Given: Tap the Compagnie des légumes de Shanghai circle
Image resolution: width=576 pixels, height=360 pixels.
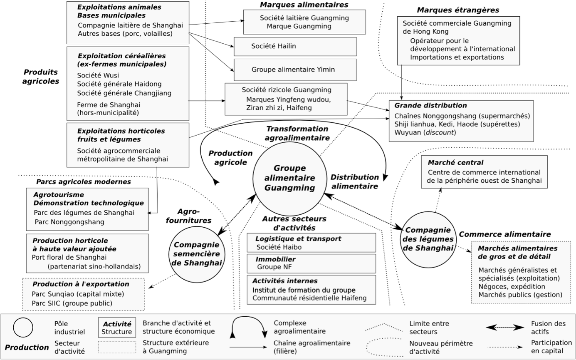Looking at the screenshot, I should [428, 239].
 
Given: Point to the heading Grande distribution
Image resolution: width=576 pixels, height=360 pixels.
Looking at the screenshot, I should [430, 105].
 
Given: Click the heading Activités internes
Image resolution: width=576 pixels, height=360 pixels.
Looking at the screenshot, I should [285, 281].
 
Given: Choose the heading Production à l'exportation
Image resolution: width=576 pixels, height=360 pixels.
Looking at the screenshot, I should [81, 284].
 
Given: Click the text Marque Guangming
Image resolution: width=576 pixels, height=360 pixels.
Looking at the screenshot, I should [299, 26].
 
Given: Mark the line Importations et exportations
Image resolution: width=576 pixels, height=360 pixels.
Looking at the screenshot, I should [457, 57].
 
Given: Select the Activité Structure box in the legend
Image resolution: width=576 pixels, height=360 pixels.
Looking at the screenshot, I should [117, 328].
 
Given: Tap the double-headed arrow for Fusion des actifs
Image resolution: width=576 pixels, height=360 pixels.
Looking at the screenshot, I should [505, 328].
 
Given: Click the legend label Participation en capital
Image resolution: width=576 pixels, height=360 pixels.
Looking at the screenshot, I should [551, 347].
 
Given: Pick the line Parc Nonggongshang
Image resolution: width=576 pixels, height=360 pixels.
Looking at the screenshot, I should [69, 222].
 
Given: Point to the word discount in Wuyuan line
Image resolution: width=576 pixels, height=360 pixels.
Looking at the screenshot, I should [442, 133].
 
